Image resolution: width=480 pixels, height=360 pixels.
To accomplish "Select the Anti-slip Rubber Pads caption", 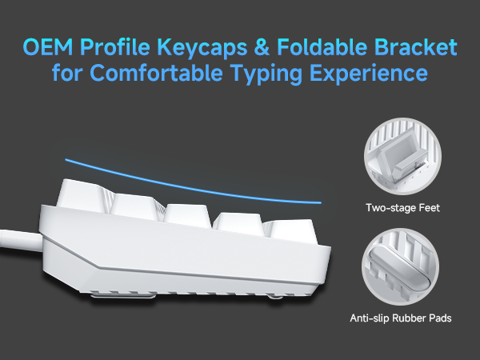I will (x=400, y=318).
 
